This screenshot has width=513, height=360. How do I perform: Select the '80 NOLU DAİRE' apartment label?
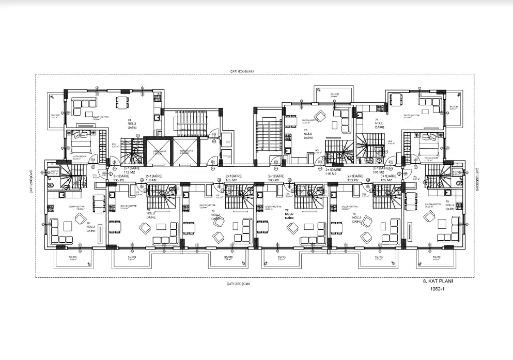pyautogui.click(x=90, y=226)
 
